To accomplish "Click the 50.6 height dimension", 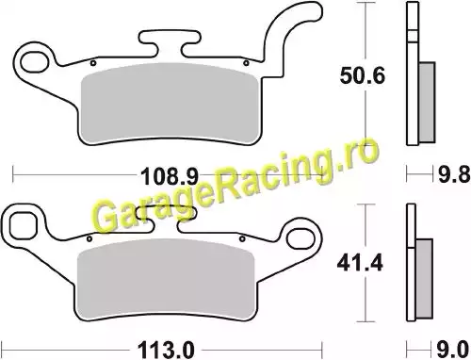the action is point(362,75).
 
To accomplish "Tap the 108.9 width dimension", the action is point(170,175).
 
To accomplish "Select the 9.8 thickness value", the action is point(454,174).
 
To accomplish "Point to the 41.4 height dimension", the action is point(360,263).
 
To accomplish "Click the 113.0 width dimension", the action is point(166,350).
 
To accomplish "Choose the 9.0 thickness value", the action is point(452,349).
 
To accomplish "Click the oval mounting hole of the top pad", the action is point(35,62).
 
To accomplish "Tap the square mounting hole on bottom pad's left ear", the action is point(23,225).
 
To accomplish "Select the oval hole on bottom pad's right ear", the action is point(301,239).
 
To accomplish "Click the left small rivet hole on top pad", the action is point(93,63).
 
